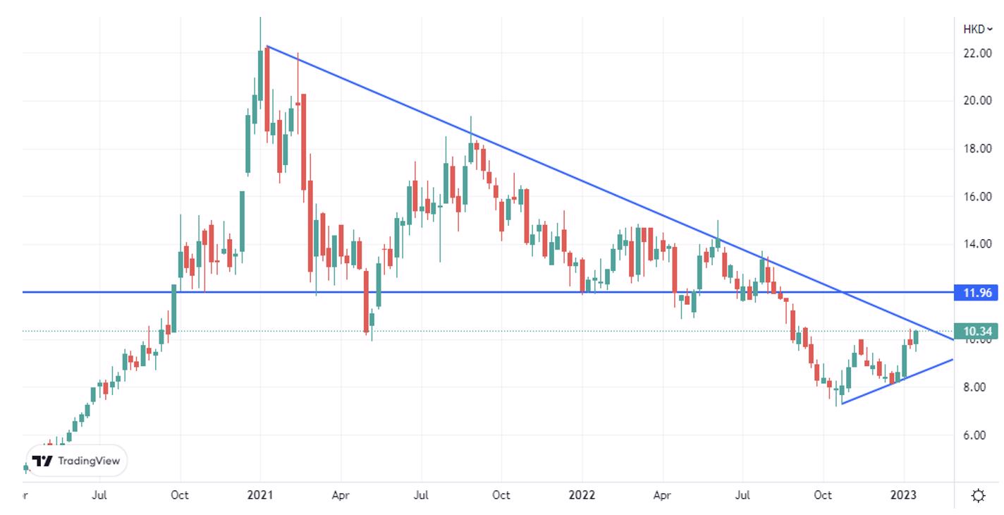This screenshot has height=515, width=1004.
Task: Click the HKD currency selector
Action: tap(977, 29)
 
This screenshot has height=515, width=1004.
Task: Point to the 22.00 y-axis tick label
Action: tap(977, 53)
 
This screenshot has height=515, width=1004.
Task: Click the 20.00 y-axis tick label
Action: tap(977, 101)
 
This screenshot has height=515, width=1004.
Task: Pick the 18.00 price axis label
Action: tap(977, 149)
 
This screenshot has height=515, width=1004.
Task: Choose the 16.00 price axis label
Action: tap(977, 197)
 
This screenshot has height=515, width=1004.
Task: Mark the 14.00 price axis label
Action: tap(977, 244)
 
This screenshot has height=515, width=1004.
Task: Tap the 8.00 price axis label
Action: tap(977, 387)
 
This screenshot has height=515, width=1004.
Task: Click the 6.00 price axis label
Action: tap(977, 435)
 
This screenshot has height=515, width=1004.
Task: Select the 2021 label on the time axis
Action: tap(259, 495)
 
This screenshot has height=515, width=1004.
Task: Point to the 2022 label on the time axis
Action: tap(582, 495)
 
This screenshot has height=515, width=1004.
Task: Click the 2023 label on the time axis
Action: tap(903, 495)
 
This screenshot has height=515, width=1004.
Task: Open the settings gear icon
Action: tap(978, 495)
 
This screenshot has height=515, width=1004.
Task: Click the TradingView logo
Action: tap(78, 461)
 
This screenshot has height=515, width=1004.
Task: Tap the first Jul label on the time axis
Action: tap(99, 495)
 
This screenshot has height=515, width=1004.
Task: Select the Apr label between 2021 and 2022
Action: tap(341, 495)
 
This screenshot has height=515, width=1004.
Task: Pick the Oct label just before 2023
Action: tap(823, 495)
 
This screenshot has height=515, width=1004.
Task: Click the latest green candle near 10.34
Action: tap(917, 337)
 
